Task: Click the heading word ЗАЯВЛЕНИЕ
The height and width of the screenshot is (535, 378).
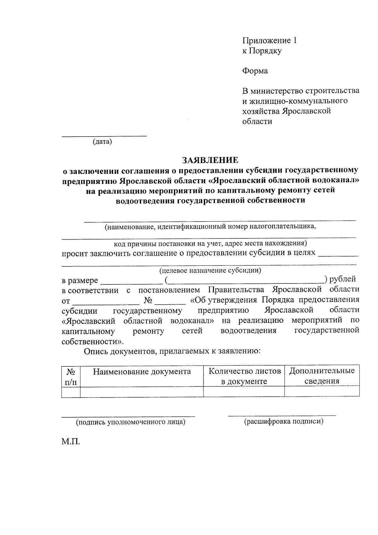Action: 210,160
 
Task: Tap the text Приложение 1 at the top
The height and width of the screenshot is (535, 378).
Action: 269,40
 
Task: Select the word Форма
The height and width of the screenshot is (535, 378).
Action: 255,71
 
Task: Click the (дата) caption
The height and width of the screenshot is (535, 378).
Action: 102,142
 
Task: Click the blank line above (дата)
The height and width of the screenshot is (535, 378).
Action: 104,136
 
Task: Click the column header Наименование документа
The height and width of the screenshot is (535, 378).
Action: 142,371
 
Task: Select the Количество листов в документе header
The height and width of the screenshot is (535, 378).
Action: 244,376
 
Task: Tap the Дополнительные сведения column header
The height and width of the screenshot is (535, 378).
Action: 322,376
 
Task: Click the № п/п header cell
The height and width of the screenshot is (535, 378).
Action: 71,376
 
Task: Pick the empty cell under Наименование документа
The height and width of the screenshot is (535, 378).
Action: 142,392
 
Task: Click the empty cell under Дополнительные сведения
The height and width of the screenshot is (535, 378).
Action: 322,392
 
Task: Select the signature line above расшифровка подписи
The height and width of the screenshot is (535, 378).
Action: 282,416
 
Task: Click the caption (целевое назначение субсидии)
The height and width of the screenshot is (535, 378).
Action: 210,270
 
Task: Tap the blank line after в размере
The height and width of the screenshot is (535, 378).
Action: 131,283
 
